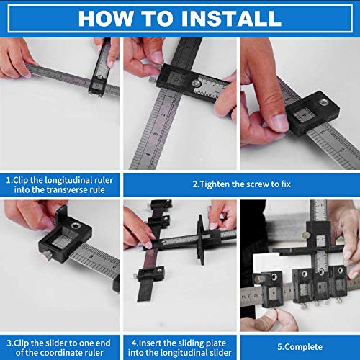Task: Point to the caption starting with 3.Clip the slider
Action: click(x=60, y=339)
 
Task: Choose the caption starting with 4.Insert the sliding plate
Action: click(x=179, y=339)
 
